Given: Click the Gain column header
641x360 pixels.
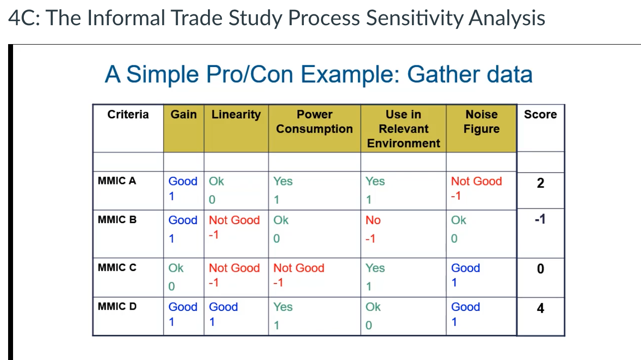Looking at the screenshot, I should [x=184, y=115].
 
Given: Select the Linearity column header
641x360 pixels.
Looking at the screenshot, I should [x=236, y=115].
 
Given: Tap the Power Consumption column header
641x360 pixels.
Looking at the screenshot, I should [x=314, y=122].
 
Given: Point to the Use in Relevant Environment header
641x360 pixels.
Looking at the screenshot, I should [x=403, y=129].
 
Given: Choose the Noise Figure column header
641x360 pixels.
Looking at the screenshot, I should [x=481, y=122].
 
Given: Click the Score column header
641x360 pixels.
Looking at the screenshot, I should [x=540, y=115].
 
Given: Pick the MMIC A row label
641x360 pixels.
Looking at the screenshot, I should [x=117, y=181].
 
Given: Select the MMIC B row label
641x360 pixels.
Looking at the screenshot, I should [x=117, y=220].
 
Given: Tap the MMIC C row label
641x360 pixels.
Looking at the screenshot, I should [x=117, y=268].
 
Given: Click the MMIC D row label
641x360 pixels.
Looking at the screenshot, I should [x=117, y=307].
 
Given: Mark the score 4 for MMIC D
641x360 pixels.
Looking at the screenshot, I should [x=540, y=309].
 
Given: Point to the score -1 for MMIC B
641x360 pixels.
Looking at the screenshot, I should [x=540, y=219].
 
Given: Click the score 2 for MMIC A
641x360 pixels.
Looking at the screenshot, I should [x=540, y=183].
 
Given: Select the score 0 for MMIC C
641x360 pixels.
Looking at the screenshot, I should [x=540, y=269].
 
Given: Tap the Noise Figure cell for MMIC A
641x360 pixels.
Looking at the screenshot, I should [x=476, y=188].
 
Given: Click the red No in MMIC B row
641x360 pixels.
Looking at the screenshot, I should [x=373, y=220].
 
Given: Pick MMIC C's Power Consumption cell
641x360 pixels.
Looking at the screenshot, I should [x=299, y=275].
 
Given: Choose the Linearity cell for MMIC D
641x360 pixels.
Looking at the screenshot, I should [x=223, y=314].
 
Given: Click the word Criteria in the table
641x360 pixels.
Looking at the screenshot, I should [x=128, y=115].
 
